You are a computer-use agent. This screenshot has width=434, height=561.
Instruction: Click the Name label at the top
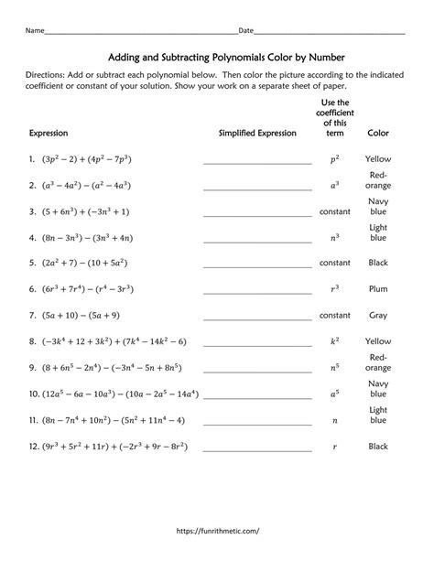click(x=34, y=30)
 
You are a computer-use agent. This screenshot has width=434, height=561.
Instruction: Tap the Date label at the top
click(x=245, y=30)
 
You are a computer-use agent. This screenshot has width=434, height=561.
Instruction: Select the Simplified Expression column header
click(x=257, y=133)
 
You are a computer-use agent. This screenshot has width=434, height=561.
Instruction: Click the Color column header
click(x=378, y=133)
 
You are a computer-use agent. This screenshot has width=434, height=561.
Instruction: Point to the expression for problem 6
click(x=90, y=288)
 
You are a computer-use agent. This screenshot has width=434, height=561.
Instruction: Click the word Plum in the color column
click(x=378, y=287)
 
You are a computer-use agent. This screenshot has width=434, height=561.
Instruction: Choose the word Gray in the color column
click(x=378, y=314)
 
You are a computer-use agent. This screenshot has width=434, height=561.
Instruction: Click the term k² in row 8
click(x=334, y=340)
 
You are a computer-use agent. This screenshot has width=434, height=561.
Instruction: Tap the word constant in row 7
click(x=334, y=314)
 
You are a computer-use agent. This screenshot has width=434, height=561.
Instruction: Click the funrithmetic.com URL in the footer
click(x=216, y=529)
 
